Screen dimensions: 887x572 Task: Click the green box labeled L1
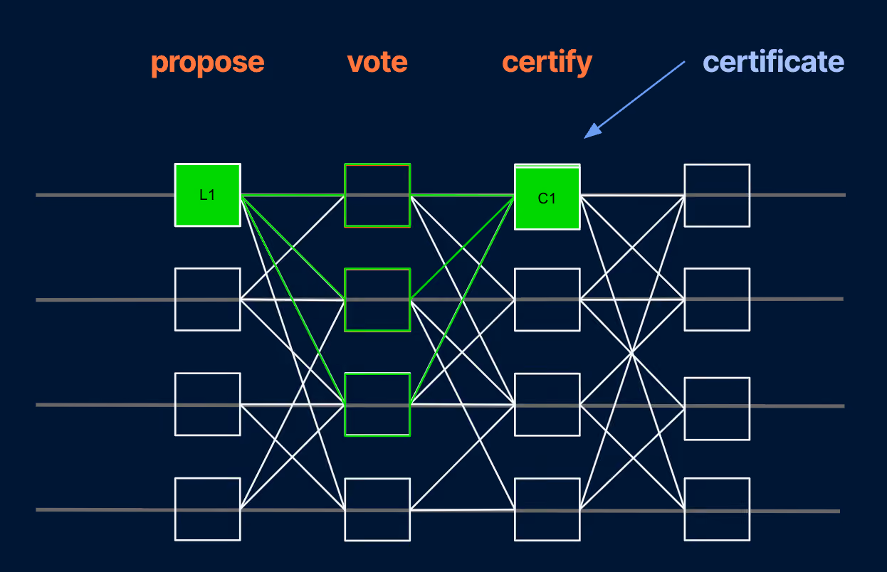[207, 195]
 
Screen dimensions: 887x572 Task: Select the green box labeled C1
[547, 197]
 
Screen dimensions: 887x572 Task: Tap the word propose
[207, 63]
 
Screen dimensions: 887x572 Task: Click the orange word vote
[377, 62]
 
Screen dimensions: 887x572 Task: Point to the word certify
[547, 63]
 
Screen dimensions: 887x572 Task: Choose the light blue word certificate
[773, 62]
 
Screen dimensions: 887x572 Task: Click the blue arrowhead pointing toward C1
[593, 131]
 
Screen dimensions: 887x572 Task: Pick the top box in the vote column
[377, 164]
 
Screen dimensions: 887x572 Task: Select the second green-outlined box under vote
[377, 269]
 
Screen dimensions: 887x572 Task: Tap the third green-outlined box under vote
[377, 374]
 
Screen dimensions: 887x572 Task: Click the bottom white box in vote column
[377, 479]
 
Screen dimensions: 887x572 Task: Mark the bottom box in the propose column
[207, 478]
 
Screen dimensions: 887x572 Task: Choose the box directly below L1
[207, 269]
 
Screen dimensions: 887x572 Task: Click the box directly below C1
[547, 269]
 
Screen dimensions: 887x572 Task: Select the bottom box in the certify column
[547, 479]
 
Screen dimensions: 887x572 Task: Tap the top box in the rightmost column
[717, 165]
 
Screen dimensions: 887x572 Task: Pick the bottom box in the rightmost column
[717, 479]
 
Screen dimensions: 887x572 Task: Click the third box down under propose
[207, 374]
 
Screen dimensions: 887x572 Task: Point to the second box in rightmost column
[717, 269]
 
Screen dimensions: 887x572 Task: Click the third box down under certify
[547, 374]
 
